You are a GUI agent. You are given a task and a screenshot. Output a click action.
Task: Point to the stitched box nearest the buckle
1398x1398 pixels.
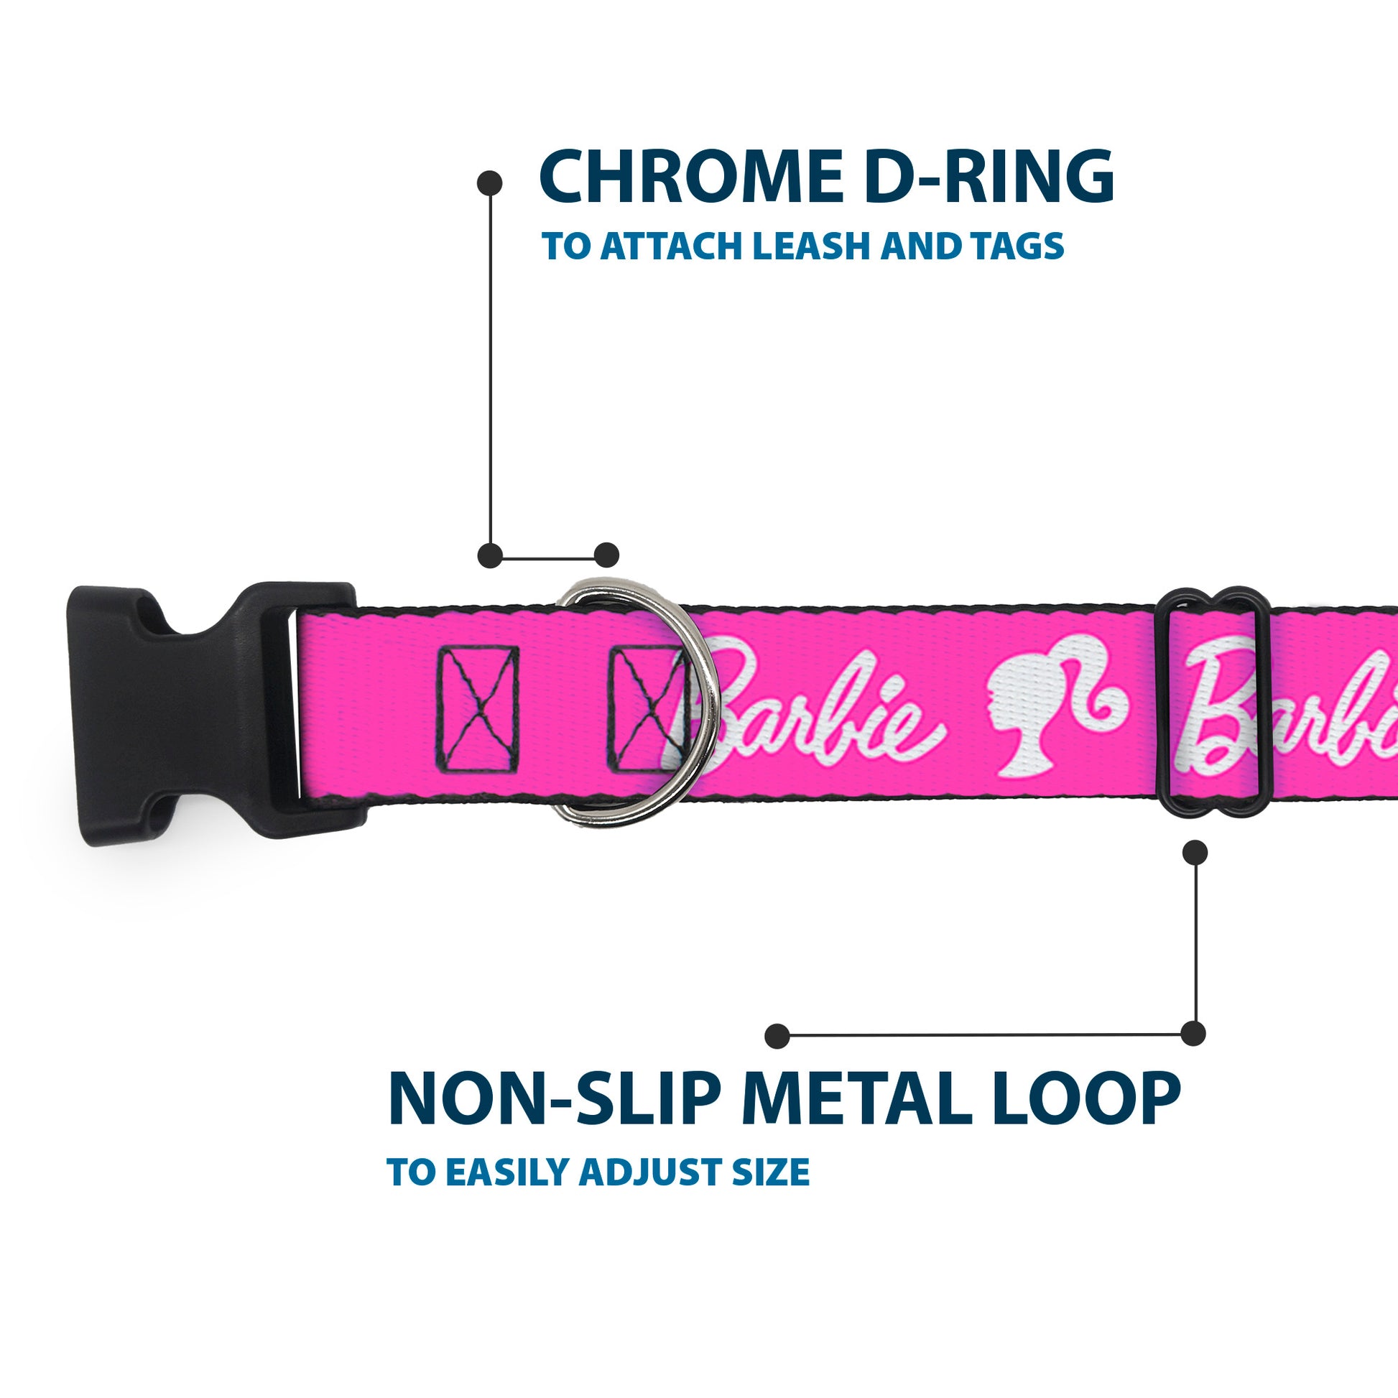pyautogui.click(x=478, y=710)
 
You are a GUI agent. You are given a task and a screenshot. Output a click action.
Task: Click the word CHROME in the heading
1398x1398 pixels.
pyautogui.click(x=691, y=177)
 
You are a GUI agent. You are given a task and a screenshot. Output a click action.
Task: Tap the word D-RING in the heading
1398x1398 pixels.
pyautogui.click(x=989, y=177)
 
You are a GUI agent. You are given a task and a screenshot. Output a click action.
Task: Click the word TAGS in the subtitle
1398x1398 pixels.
pyautogui.click(x=1019, y=246)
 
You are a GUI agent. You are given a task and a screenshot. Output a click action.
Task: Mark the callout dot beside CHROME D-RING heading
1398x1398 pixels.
pyautogui.click(x=490, y=183)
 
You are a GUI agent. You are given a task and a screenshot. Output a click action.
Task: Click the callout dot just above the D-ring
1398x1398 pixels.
pyautogui.click(x=606, y=555)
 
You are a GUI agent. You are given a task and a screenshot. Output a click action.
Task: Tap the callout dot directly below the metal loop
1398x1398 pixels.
pyautogui.click(x=1195, y=853)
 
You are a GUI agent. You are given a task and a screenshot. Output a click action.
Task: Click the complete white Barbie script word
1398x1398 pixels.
pyautogui.click(x=810, y=713)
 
